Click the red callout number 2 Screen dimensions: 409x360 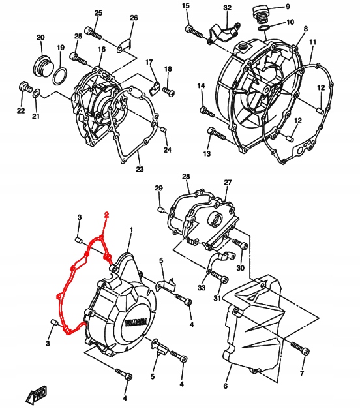coord(107,216)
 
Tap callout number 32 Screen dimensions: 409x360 coord(227,7)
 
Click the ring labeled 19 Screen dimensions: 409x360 coord(59,75)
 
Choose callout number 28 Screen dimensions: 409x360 coord(186,177)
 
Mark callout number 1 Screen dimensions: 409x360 coord(130,230)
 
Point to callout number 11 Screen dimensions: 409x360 coord(312,42)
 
